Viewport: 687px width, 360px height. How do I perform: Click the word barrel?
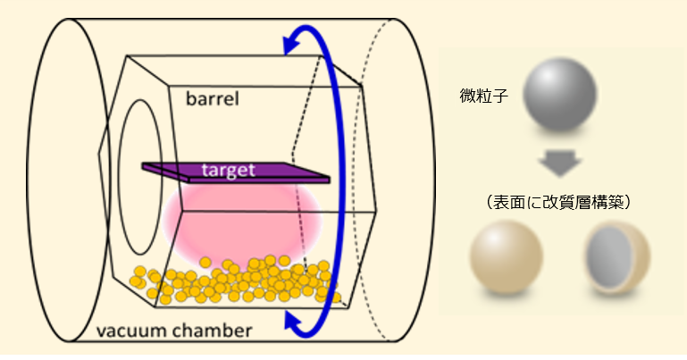tap(213, 97)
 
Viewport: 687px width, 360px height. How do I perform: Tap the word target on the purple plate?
tap(229, 168)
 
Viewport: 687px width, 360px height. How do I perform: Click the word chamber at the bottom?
tap(217, 332)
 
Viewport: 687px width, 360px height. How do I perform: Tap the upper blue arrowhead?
tap(289, 41)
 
